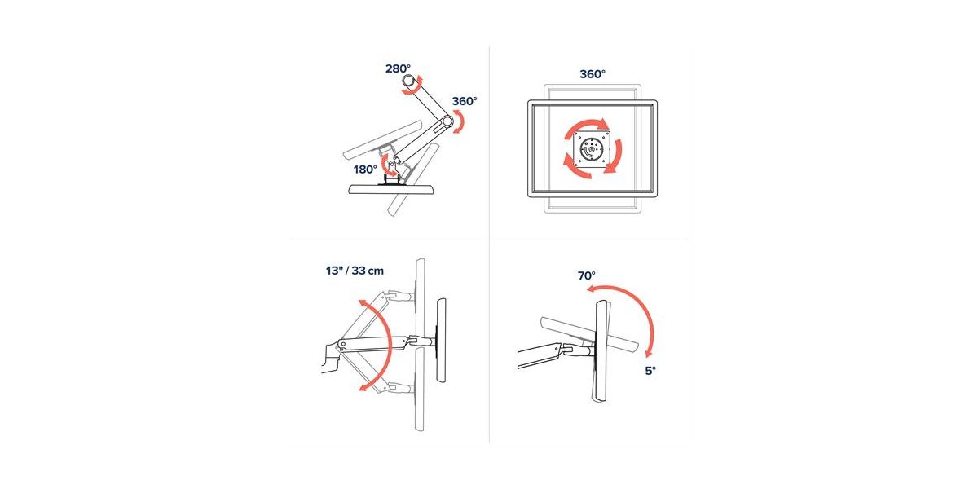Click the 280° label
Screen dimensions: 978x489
click(398, 68)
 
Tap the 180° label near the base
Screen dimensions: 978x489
click(365, 170)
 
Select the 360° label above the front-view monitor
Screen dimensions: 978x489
click(593, 74)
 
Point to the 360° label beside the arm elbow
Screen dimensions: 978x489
click(465, 101)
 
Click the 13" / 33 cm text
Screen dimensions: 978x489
click(355, 271)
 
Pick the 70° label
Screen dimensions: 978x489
click(586, 276)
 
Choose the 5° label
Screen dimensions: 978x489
click(650, 371)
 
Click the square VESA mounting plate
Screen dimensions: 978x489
click(591, 150)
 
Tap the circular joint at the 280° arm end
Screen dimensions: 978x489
click(409, 81)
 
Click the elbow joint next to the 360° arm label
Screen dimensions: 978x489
click(446, 121)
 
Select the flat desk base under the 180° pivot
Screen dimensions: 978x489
click(392, 189)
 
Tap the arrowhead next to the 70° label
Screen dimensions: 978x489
click(592, 289)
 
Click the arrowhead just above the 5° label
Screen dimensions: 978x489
click(650, 353)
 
